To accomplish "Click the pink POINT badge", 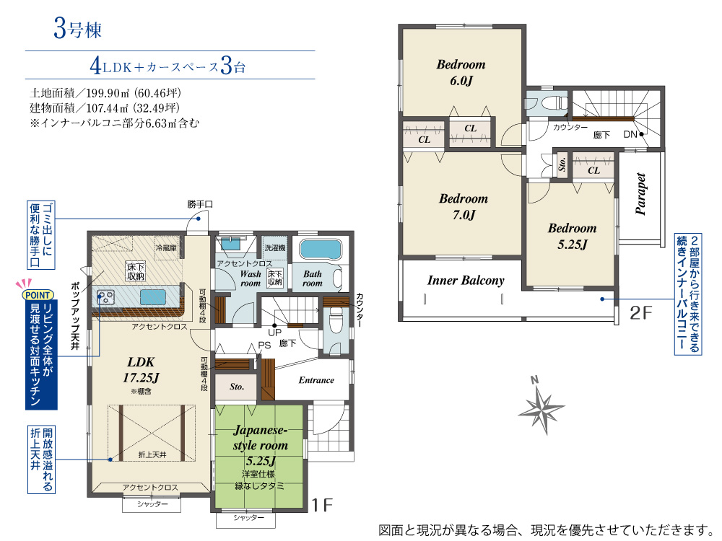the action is (38, 295).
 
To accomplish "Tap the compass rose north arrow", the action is (541, 407).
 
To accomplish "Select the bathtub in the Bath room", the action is (321, 249).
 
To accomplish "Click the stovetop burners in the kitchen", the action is (106, 297).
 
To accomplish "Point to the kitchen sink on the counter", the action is (153, 297).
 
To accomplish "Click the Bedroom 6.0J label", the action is (461, 73).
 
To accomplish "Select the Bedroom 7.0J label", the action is (464, 206).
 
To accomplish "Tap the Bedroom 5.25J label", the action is (573, 236).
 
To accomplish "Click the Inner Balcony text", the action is (466, 281).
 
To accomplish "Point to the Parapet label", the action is (640, 194).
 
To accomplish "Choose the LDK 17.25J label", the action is (141, 370).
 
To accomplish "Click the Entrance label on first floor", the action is (316, 380).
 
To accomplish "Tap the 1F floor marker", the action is (322, 505).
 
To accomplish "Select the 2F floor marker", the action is (641, 313).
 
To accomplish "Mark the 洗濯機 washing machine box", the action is (274, 248).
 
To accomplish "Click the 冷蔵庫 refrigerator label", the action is (166, 248).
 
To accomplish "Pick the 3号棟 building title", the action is (77, 30).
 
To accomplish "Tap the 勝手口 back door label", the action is (200, 204).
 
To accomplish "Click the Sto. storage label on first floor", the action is (237, 387).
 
